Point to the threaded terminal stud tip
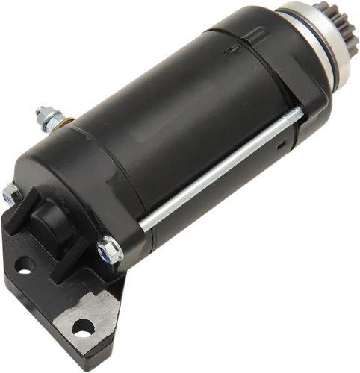[x=37, y=113]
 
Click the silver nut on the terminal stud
[x=44, y=119]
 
